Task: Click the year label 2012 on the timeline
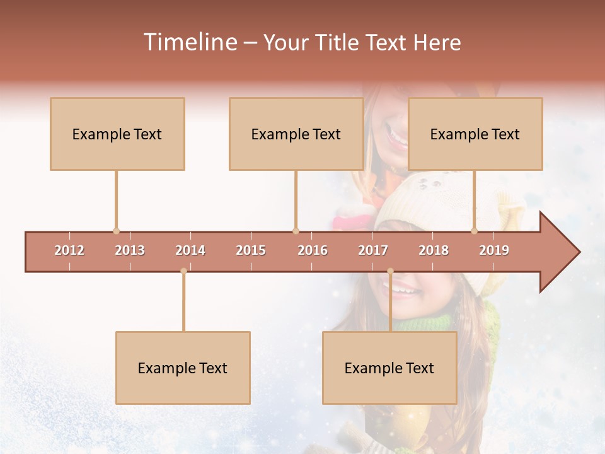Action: coord(69,250)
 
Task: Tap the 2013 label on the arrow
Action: coord(130,250)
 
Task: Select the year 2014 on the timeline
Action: coord(190,250)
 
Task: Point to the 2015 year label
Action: coord(251,250)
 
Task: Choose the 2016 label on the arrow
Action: coord(313,250)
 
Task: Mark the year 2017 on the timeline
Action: coord(373,250)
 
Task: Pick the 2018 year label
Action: coord(434,250)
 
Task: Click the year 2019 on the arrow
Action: coord(494,250)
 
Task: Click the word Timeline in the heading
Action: coord(189,42)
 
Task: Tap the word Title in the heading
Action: coord(339,42)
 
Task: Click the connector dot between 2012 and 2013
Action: coord(116,231)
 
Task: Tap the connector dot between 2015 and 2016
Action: coord(296,231)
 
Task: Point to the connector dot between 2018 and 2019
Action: coord(475,231)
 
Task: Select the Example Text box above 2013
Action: coord(117,134)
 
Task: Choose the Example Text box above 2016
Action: coord(296,134)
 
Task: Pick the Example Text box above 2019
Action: coord(475,134)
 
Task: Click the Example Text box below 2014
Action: coord(183,368)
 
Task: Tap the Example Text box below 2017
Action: coord(389,368)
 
